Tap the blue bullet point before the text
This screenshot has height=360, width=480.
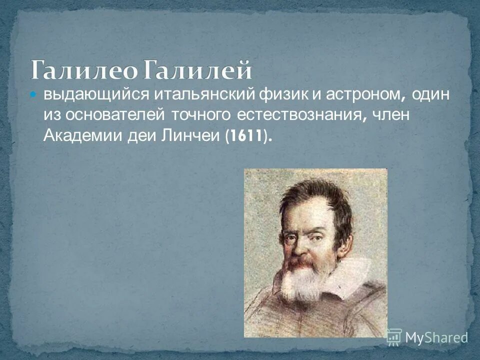pos(34,94)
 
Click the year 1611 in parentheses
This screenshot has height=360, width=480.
pos(247,136)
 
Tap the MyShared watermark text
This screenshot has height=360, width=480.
pos(436,337)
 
